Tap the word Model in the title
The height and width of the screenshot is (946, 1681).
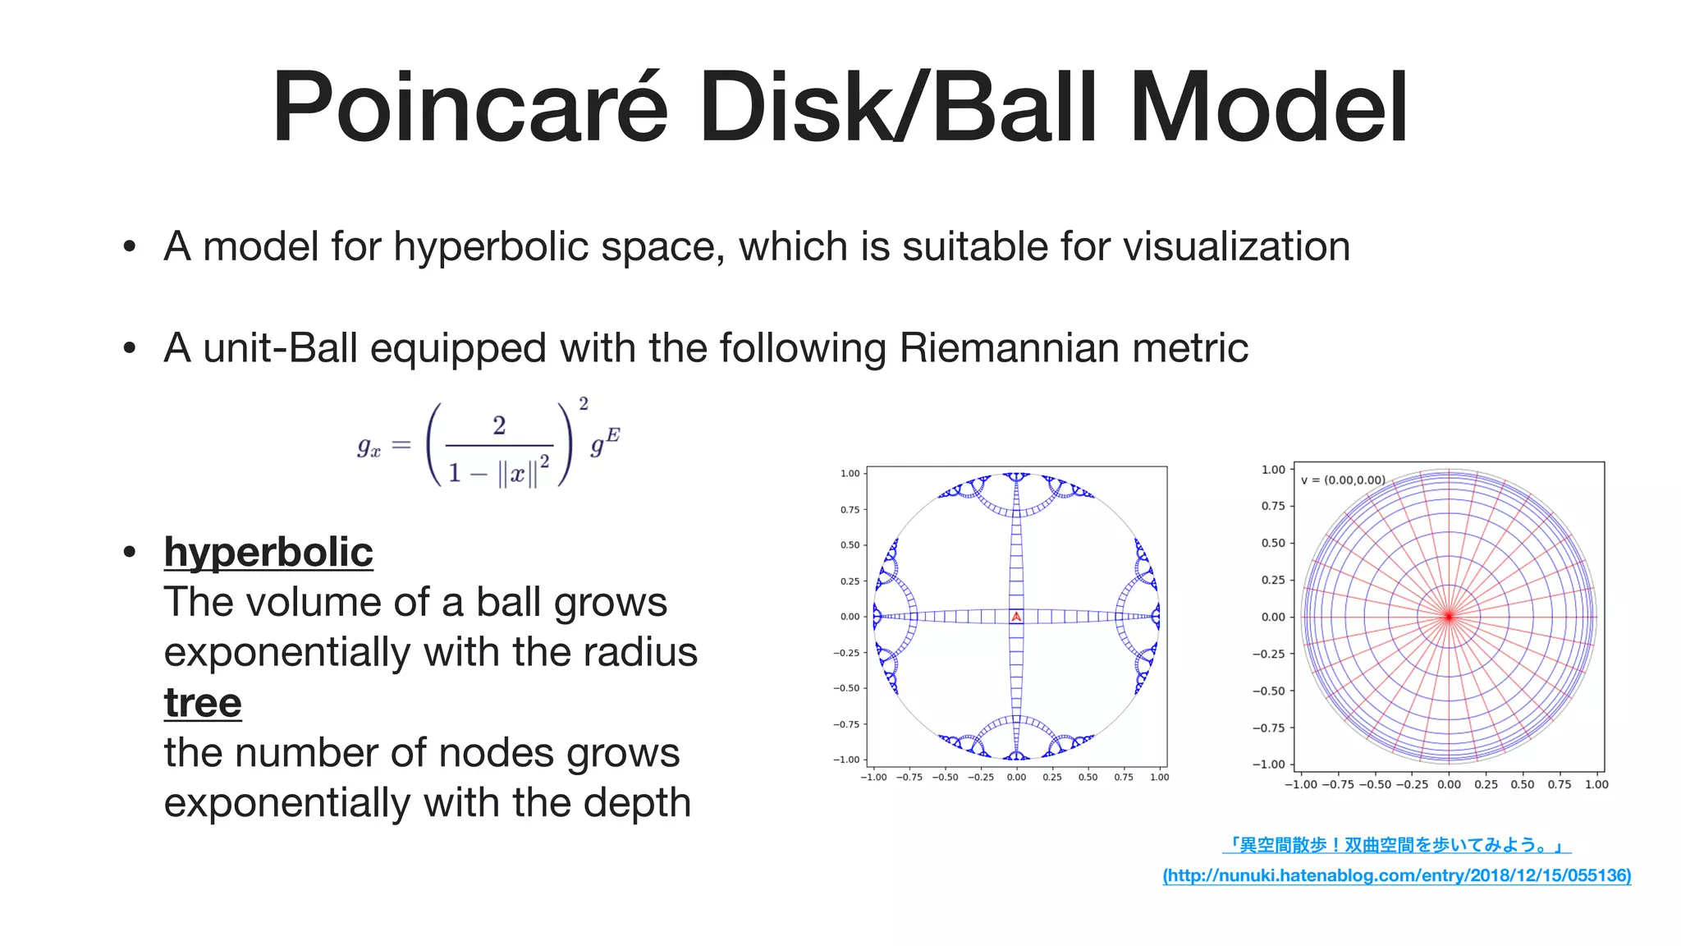(x=1269, y=108)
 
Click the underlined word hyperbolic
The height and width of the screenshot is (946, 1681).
(x=268, y=551)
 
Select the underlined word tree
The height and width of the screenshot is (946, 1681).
(x=203, y=702)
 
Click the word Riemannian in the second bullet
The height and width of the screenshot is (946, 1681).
(x=1009, y=347)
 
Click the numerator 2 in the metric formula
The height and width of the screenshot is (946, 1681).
(x=499, y=425)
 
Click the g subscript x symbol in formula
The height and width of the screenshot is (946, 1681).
(x=369, y=446)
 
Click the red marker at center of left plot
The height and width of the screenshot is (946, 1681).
(x=1016, y=616)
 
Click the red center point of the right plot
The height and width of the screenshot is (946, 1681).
(x=1449, y=616)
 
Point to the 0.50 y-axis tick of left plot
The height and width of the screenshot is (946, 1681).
(x=850, y=544)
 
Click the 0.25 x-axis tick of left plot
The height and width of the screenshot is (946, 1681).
(x=1051, y=777)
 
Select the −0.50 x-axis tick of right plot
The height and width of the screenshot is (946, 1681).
(x=1376, y=784)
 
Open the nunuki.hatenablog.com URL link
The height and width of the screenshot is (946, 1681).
(x=1396, y=875)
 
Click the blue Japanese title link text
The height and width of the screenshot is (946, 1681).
(x=1396, y=844)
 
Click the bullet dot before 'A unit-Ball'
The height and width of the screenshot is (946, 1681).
(x=129, y=348)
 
